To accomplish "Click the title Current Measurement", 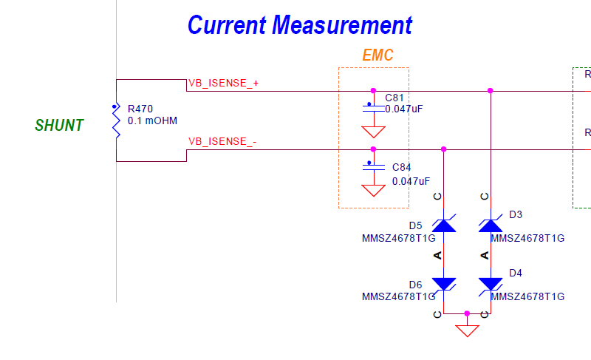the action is [300, 25].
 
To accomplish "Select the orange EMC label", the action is [378, 55].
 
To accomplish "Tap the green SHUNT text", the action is [59, 125].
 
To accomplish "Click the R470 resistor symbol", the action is [117, 120].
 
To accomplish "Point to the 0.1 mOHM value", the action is [152, 120].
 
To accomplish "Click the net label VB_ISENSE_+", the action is [224, 83].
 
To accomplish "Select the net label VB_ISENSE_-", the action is [222, 141].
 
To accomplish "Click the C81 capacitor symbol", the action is [374, 109].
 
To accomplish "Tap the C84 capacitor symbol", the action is [374, 167].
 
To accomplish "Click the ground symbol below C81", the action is [374, 132].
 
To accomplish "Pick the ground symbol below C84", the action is [374, 190].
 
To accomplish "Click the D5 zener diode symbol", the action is [444, 225].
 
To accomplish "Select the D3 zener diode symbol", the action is [491, 225].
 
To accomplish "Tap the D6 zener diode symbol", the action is [444, 285].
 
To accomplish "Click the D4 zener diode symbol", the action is [491, 285].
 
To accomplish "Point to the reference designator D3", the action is [516, 214].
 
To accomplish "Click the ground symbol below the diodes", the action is [468, 330].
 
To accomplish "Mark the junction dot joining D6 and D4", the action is [468, 313].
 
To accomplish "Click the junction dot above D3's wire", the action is [491, 90].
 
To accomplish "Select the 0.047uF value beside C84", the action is [411, 181].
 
